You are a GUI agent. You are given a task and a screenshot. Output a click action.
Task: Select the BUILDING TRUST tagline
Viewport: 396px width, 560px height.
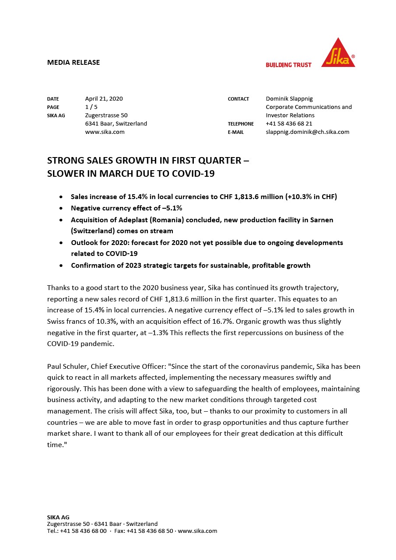point(288,65)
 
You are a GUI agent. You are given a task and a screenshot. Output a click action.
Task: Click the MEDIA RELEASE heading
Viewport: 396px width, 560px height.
point(74,62)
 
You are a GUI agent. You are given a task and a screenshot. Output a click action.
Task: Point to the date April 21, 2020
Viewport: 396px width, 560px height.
point(104,98)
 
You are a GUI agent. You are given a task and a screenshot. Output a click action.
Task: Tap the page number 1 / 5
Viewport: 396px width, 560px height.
point(91,107)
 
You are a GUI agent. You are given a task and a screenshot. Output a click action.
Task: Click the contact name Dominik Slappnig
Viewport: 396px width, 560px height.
point(289,98)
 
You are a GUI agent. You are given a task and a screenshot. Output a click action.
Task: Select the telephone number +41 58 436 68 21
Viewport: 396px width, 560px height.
point(289,123)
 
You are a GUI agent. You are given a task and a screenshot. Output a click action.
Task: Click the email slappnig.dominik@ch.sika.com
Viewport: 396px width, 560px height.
point(307,132)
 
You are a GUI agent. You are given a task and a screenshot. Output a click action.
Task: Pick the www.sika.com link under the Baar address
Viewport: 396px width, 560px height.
point(105,132)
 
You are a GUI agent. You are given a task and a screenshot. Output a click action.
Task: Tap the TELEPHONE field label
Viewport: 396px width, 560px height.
point(241,124)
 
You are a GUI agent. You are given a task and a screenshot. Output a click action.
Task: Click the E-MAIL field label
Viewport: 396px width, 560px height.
point(236,132)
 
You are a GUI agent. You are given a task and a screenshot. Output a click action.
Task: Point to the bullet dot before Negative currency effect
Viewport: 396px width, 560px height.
point(61,208)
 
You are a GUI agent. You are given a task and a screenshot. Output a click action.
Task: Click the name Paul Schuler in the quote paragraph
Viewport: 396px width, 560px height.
point(67,366)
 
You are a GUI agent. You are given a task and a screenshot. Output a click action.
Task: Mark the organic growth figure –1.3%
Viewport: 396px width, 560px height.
point(172,332)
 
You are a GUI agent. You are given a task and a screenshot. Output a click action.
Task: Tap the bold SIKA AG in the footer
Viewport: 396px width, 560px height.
point(58,517)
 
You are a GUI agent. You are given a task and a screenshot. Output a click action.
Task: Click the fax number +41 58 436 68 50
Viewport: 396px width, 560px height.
point(150,531)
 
